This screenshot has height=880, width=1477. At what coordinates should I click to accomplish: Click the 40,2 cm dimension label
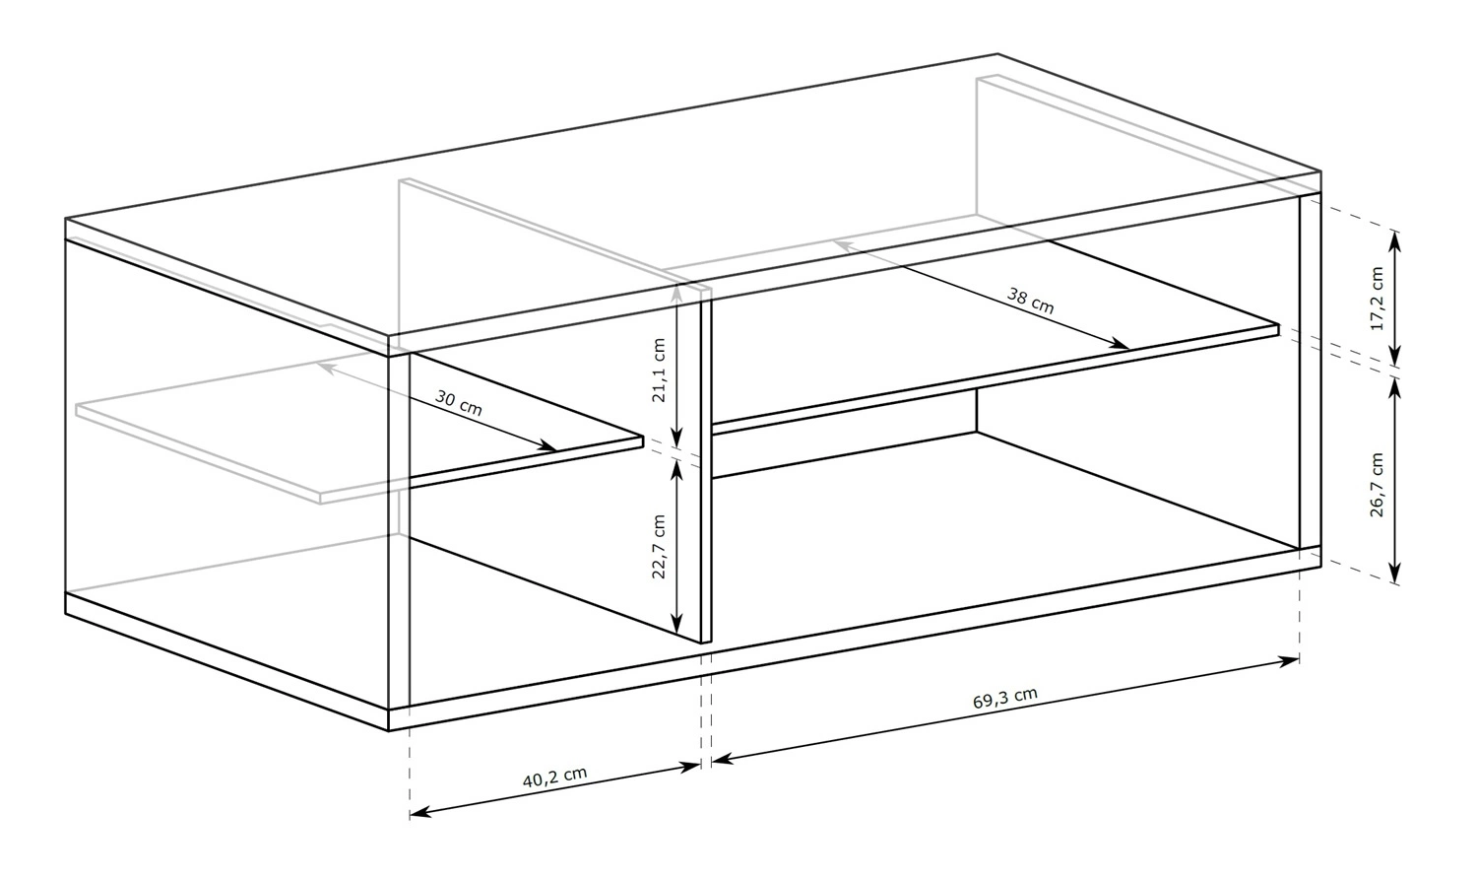554,777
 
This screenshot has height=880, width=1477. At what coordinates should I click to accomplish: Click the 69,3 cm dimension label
1005,698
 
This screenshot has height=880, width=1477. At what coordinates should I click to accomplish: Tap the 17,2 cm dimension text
1377,299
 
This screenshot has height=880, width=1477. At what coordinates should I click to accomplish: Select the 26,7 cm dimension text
1377,484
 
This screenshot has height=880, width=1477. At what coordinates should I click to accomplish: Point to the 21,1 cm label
659,371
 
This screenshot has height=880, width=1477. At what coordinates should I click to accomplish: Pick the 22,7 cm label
659,546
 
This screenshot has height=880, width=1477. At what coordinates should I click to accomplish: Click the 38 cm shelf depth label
1031,301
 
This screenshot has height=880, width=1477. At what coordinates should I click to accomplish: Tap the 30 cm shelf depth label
459,402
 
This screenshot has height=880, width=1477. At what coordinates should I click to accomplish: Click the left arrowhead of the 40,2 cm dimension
420,812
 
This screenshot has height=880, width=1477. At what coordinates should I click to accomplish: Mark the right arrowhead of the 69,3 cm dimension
1288,661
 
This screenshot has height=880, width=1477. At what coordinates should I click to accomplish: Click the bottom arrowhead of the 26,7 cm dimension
1394,574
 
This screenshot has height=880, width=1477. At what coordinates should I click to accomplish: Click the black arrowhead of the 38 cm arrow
1119,344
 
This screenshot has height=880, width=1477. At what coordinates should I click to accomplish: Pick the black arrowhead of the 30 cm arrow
546,446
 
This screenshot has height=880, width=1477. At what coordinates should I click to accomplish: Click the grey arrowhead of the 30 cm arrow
328,367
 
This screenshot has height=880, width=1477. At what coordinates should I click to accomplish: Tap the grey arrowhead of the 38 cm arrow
845,246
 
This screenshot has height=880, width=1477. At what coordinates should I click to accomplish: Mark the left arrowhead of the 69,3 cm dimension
723,759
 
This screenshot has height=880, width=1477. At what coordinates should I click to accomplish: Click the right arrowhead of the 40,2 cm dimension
689,766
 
